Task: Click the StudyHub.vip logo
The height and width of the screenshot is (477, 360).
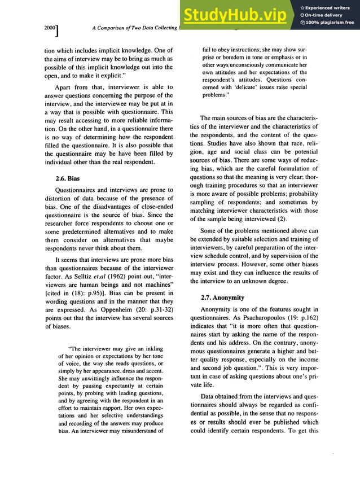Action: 236,15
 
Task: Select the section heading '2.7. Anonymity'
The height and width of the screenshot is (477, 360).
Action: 222,297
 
